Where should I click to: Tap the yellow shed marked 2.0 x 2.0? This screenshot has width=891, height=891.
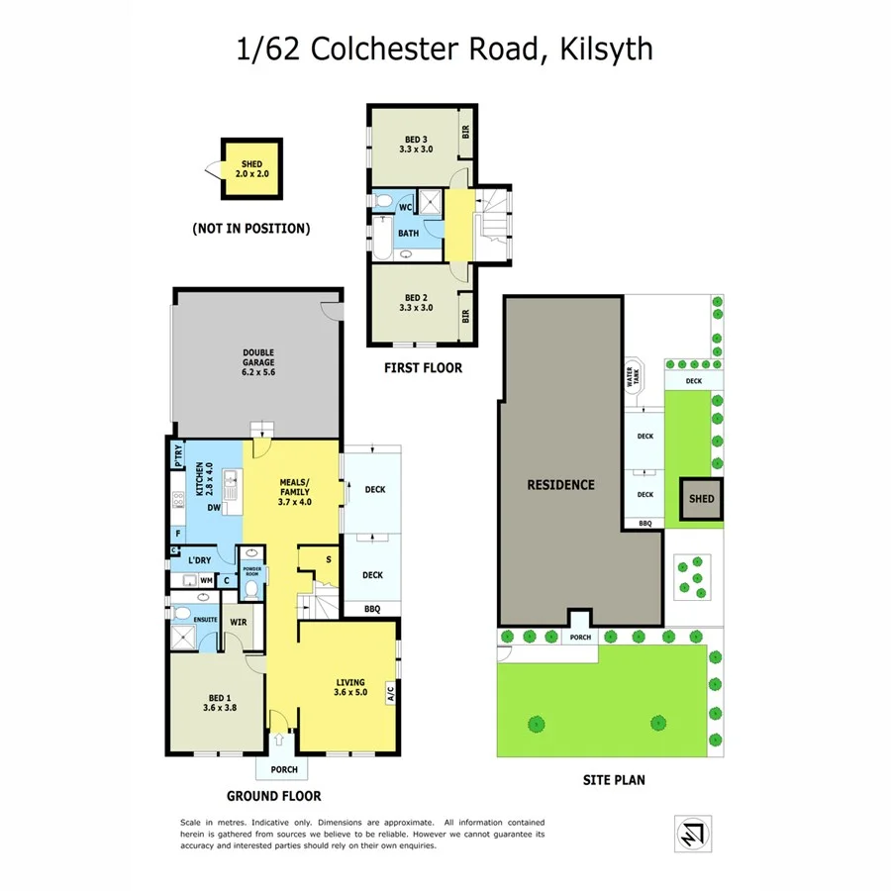click(251, 167)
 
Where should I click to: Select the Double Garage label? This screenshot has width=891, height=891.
click(257, 362)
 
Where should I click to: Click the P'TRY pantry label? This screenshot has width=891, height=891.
click(178, 454)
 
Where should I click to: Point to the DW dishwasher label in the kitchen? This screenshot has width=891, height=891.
click(213, 508)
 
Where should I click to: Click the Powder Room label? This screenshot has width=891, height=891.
click(252, 570)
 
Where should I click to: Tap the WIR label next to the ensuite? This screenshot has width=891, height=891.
click(238, 622)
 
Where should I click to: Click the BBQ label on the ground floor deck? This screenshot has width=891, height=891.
click(372, 609)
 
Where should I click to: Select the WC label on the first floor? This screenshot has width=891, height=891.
click(405, 207)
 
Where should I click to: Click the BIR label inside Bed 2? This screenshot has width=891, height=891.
click(464, 316)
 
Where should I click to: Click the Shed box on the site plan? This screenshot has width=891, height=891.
click(701, 499)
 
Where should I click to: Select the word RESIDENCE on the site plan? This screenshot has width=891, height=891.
click(560, 484)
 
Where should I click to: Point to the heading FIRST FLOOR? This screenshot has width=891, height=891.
click(423, 368)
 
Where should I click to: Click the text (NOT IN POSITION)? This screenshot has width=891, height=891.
click(251, 229)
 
